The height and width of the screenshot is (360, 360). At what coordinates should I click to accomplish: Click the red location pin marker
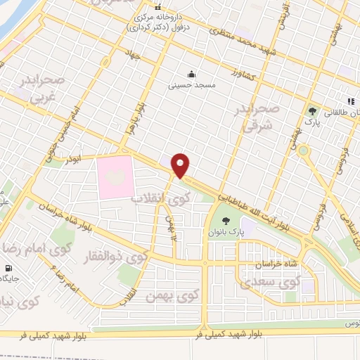(181, 165)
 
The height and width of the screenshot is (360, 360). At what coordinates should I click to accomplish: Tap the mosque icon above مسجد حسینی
(191, 75)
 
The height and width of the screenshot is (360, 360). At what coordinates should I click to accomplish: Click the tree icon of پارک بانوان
(225, 221)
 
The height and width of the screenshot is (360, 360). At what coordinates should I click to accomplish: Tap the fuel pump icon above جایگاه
(8, 267)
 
